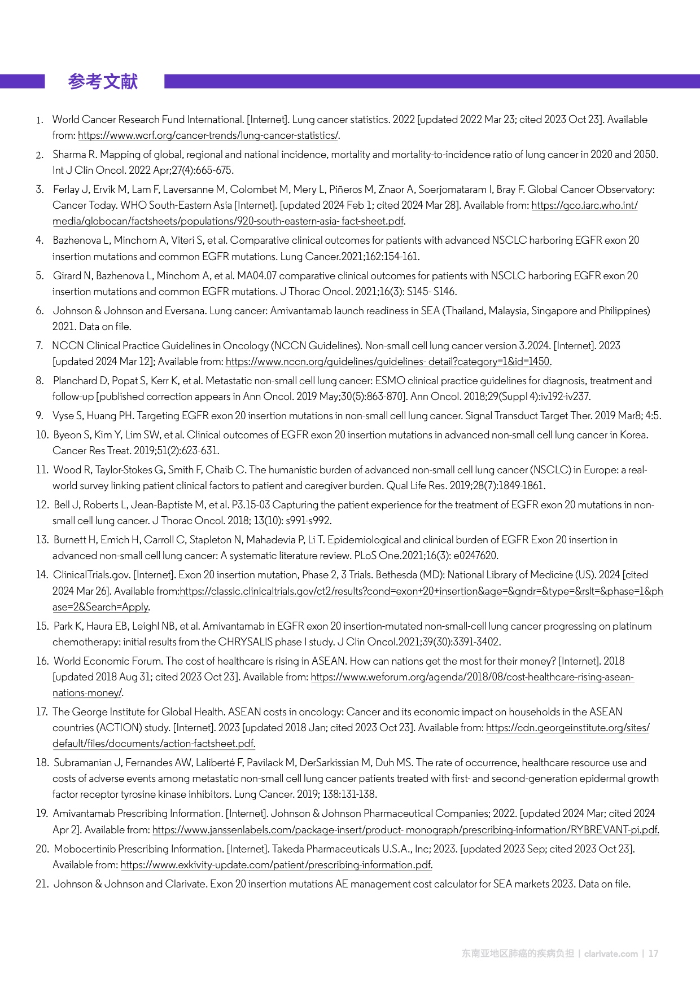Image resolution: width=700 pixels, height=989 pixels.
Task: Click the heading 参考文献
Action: click(103, 82)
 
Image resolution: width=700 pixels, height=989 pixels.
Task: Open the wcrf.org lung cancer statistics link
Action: click(208, 135)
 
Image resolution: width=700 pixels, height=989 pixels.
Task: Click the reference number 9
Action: click(40, 416)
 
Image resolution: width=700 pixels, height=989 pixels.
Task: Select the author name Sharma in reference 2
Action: click(69, 155)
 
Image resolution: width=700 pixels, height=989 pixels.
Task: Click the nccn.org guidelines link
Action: click(388, 362)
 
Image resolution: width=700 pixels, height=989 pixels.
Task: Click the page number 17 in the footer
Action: click(653, 953)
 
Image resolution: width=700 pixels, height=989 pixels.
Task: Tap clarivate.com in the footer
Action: click(611, 953)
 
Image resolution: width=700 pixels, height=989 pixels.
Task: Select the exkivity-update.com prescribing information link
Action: click(276, 865)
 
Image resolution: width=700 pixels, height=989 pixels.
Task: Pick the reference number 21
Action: click(42, 884)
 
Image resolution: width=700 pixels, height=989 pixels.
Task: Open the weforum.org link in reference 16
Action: click(472, 677)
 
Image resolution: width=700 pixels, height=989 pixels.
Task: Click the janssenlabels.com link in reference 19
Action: click(405, 830)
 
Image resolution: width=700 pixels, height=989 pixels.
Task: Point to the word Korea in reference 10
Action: click(633, 435)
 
